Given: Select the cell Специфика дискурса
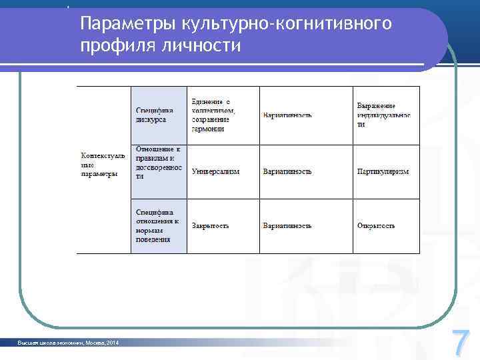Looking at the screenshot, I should [155, 115].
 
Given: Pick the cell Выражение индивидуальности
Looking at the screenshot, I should [383, 115].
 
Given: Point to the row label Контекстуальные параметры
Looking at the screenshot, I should [103, 165].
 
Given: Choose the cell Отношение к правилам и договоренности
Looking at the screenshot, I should [158, 163].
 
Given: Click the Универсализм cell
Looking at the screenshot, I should [215, 171].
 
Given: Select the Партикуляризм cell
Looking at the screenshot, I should [383, 171].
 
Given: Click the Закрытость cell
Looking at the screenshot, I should [211, 225].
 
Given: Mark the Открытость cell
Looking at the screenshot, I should [376, 225].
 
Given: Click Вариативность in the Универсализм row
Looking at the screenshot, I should [287, 171].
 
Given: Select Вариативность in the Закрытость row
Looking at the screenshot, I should [287, 225].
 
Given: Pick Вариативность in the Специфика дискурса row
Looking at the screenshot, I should [287, 115].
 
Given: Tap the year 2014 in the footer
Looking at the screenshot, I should [112, 343].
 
